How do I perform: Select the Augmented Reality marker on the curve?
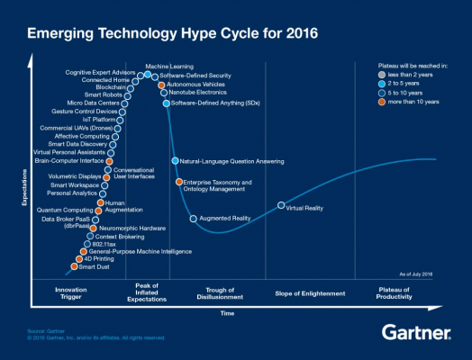tap(193, 219)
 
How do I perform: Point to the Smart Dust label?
tap(94, 266)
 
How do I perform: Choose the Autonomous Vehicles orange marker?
tap(162, 85)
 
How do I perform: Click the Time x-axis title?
tap(227, 313)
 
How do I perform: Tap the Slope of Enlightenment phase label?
tap(308, 293)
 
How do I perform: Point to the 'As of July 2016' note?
tap(417, 272)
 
